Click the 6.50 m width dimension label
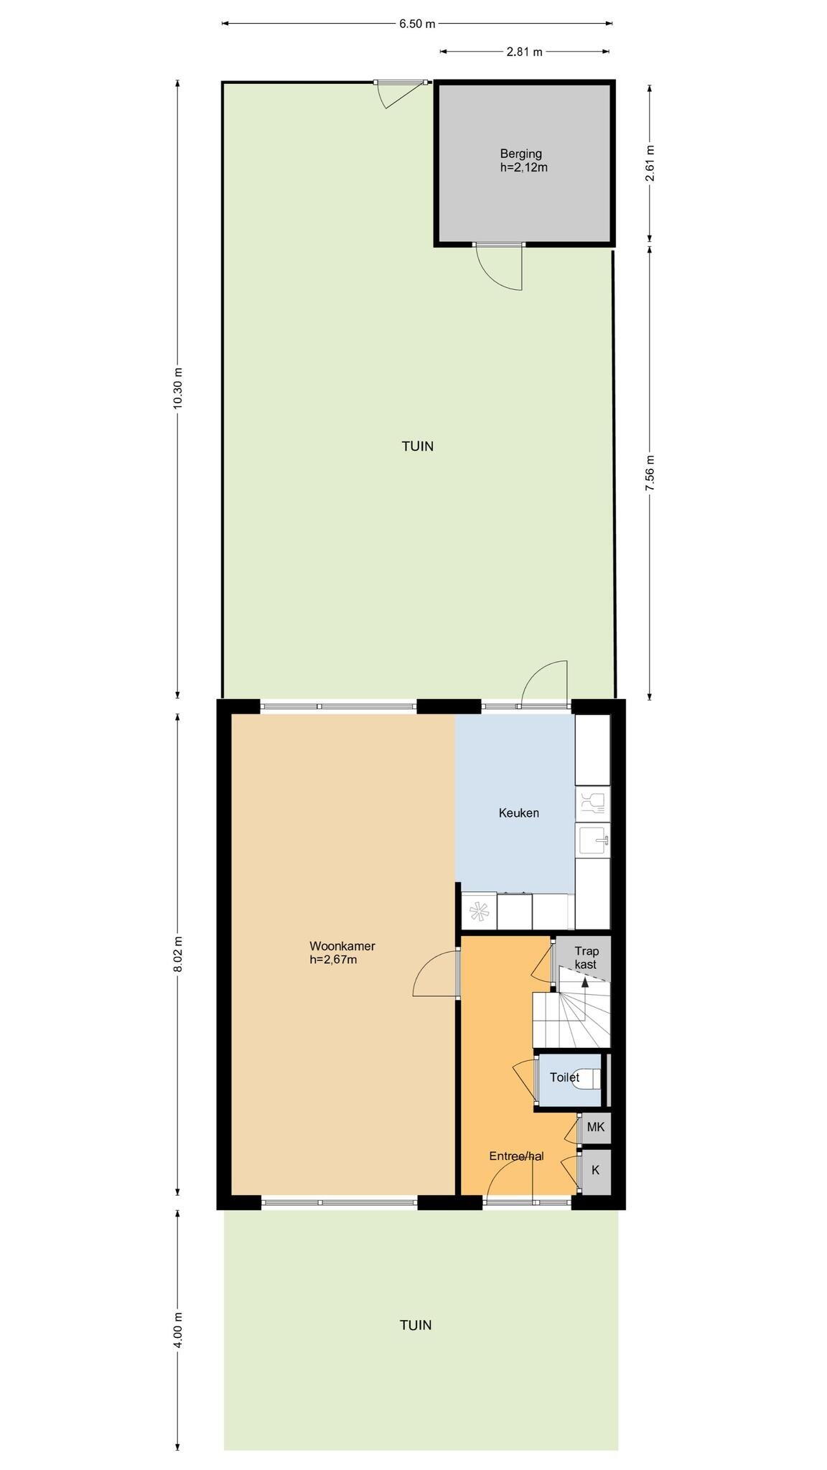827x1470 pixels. pyautogui.click(x=417, y=24)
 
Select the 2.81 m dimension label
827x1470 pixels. pyautogui.click(x=524, y=52)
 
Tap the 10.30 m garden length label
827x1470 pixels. pyautogui.click(x=178, y=388)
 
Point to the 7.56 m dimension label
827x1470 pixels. pyautogui.click(x=650, y=473)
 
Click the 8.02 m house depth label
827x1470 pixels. pyautogui.click(x=178, y=955)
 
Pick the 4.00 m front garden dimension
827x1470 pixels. pyautogui.click(x=178, y=1329)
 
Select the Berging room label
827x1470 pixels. pyautogui.click(x=521, y=154)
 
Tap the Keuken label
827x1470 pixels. pyautogui.click(x=519, y=813)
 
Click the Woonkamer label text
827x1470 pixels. pyautogui.click(x=342, y=946)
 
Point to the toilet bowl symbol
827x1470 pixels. pyautogui.click(x=589, y=1077)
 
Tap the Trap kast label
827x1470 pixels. pyautogui.click(x=586, y=958)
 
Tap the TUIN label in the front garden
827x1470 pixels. pyautogui.click(x=416, y=1325)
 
